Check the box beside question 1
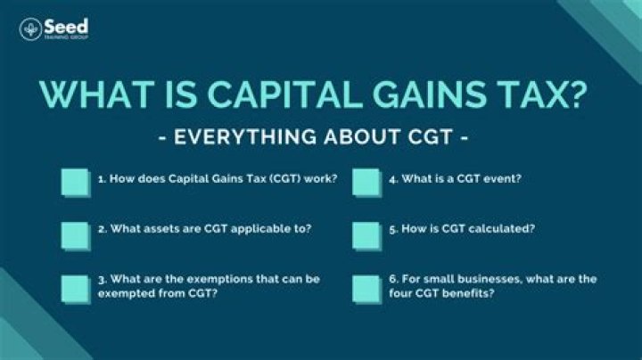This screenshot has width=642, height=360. point(76,181)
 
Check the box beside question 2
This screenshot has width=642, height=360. point(76,235)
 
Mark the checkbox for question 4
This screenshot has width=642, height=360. point(366,181)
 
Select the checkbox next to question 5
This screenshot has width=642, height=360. point(366,235)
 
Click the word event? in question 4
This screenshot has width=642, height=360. point(502,179)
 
